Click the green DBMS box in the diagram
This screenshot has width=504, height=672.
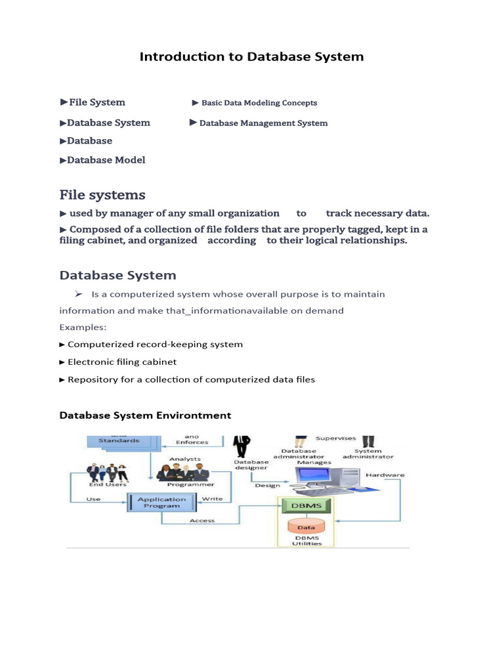pos(306,505)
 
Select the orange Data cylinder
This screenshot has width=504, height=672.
pos(306,526)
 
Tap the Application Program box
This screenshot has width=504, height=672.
pos(161,503)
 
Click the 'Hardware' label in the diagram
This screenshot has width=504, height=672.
pos(385,474)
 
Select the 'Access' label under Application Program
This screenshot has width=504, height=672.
pos(202,520)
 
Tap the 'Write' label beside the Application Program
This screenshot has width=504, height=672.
pos(212,499)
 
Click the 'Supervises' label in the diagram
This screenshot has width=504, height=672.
pos(335,438)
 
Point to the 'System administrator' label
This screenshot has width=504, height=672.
pos(373,453)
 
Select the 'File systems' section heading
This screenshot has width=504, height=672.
pos(102,195)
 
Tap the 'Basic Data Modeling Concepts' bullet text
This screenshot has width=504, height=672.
pos(259,103)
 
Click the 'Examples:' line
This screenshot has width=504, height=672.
pos(83,327)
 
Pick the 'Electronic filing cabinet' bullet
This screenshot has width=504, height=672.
pos(121,362)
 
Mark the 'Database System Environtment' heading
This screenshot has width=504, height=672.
pos(145,415)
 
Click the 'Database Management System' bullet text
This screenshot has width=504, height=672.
pos(263,123)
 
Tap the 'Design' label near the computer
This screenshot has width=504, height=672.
pos(267,486)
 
